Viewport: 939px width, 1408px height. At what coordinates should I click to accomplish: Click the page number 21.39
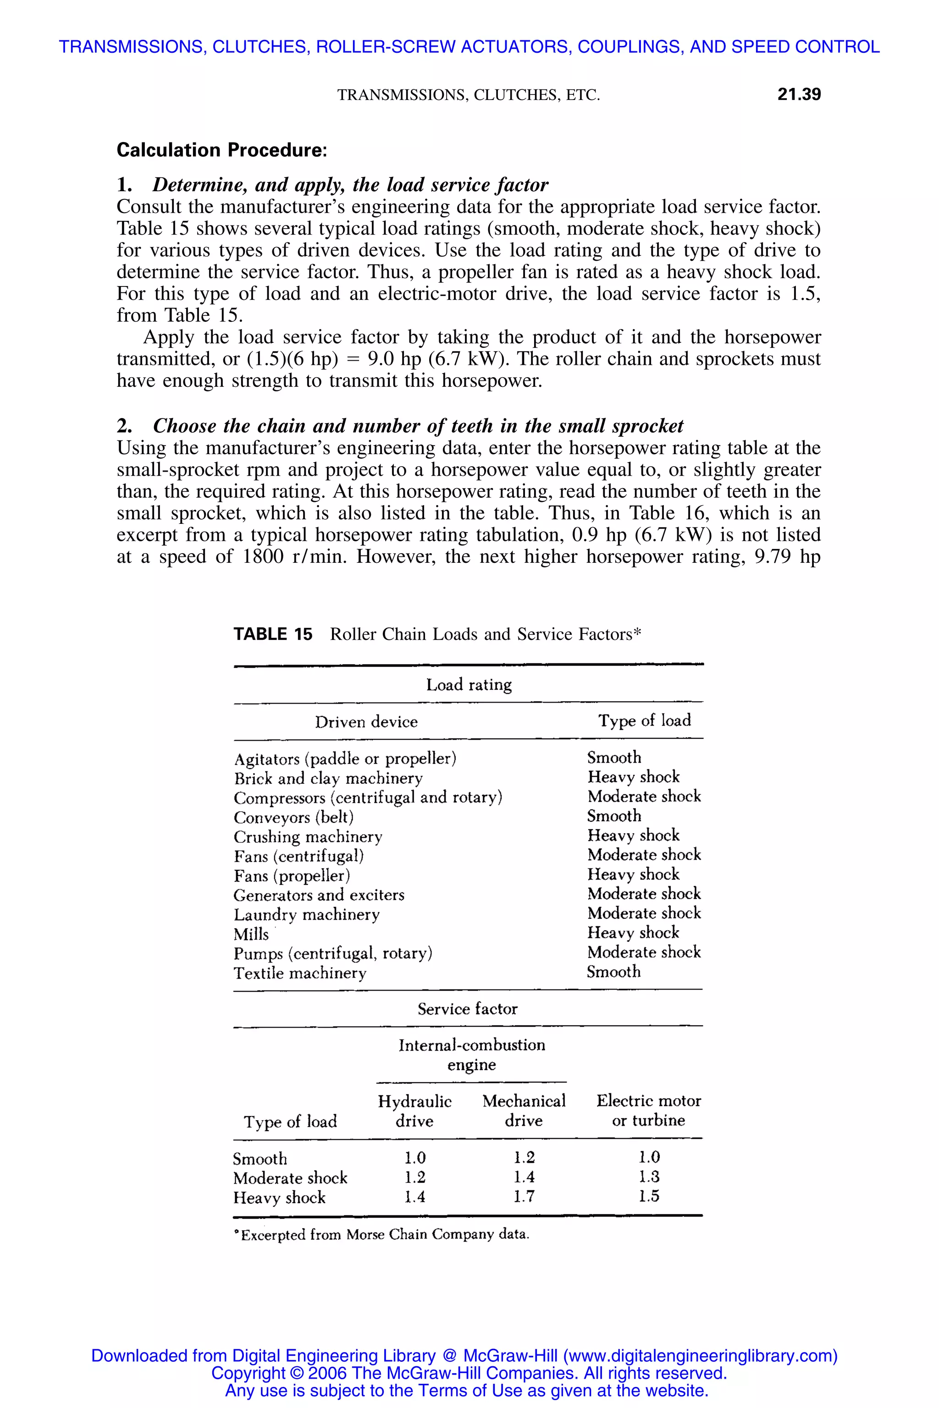(x=798, y=94)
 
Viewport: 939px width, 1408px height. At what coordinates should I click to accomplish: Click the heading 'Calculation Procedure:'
(x=221, y=150)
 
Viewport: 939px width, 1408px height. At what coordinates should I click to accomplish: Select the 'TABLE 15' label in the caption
(x=272, y=634)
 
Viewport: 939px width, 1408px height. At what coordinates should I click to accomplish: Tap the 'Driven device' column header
(x=366, y=722)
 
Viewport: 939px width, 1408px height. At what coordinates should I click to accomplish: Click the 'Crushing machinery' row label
(x=308, y=837)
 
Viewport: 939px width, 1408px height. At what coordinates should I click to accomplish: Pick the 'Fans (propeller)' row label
(x=292, y=876)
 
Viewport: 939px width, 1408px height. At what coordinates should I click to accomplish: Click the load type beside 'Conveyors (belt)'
(x=614, y=816)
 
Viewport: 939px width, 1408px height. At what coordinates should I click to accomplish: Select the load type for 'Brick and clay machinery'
(x=633, y=777)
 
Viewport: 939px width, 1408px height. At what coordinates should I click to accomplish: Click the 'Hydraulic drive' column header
(x=414, y=1111)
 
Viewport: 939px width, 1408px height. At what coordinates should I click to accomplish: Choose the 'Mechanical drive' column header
(x=524, y=1111)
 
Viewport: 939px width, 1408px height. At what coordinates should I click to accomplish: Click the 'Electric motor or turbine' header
(x=649, y=1111)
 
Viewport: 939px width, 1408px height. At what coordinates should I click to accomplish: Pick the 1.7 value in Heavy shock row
(x=524, y=1197)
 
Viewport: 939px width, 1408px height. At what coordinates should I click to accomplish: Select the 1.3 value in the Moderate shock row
(x=649, y=1177)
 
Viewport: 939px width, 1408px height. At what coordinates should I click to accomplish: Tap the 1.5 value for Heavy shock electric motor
(x=649, y=1197)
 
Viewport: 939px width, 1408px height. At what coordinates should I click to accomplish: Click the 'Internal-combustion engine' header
(x=472, y=1055)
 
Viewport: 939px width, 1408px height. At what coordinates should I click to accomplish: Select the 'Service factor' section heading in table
(x=467, y=1009)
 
